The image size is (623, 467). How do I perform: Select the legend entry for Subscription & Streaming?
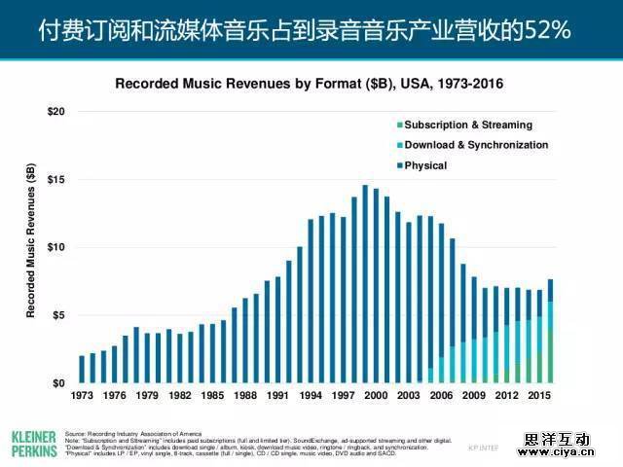pyautogui.click(x=467, y=125)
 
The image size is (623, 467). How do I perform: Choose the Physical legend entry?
pyautogui.click(x=424, y=165)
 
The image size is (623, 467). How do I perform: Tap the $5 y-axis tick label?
pyautogui.click(x=59, y=315)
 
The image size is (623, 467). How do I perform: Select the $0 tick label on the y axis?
pyautogui.click(x=59, y=383)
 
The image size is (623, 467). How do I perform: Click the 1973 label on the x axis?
pyautogui.click(x=82, y=397)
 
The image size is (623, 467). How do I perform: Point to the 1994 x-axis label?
pyautogui.click(x=311, y=397)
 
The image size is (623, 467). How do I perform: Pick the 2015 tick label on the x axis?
pyautogui.click(x=539, y=397)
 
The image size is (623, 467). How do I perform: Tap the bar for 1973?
pyautogui.click(x=82, y=370)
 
